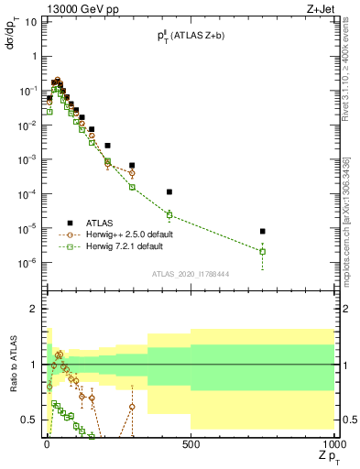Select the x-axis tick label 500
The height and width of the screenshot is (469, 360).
click(190, 444)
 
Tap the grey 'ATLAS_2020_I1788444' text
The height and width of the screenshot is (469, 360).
click(191, 273)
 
